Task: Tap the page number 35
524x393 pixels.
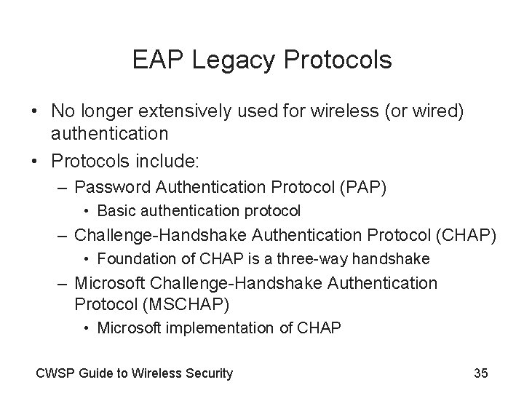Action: tap(480, 373)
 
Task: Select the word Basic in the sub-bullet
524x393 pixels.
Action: tap(114, 211)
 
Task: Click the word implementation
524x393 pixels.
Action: tap(210, 327)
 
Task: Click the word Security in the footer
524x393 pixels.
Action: tap(210, 373)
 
